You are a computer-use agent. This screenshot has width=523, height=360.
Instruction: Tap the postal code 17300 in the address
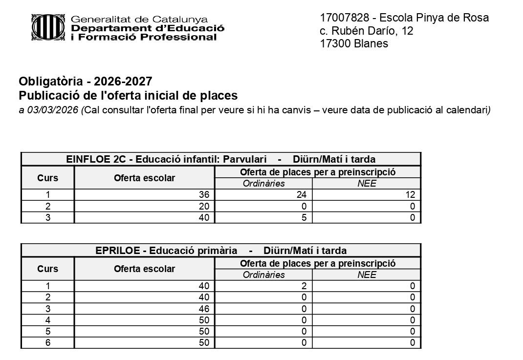tap(335, 43)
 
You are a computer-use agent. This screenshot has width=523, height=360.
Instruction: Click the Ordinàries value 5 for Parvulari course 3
tap(304, 218)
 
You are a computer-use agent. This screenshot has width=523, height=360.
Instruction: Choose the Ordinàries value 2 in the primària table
tap(304, 286)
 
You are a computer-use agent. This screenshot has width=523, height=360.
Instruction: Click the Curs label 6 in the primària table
tap(47, 343)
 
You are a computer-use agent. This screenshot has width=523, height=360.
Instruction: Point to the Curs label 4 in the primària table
tap(47, 320)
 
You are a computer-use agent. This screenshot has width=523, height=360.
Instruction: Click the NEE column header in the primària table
tap(367, 275)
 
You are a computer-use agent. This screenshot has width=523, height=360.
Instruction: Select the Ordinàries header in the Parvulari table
tap(263, 184)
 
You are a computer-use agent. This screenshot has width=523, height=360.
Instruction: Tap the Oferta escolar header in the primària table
tap(144, 269)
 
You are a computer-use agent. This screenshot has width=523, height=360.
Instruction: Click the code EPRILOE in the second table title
tap(117, 251)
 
